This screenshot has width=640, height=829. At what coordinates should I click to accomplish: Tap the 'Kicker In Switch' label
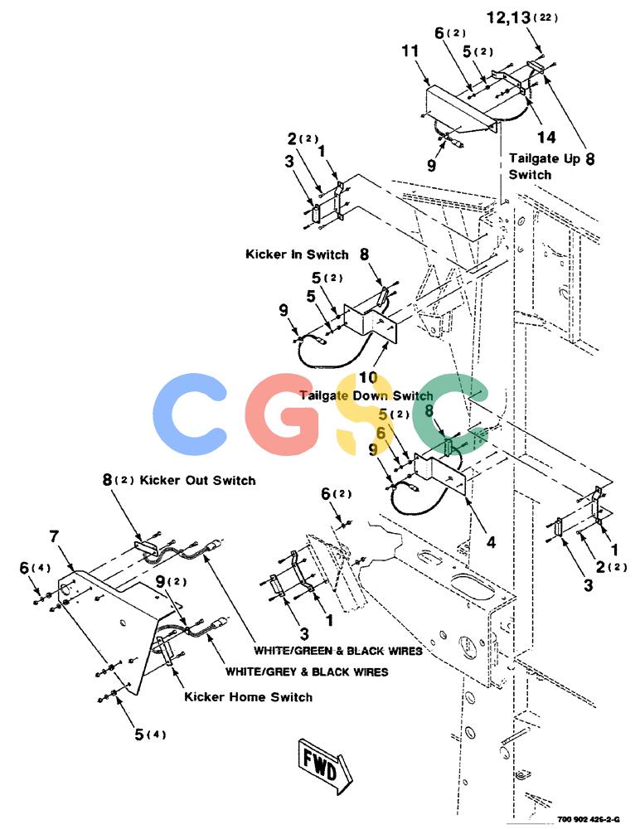pyautogui.click(x=297, y=255)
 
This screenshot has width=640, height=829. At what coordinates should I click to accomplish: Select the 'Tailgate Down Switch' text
pyautogui.click(x=366, y=395)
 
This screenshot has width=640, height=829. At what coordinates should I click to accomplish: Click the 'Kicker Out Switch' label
pyautogui.click(x=197, y=481)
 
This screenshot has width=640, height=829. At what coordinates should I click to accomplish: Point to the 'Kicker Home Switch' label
pyautogui.click(x=248, y=697)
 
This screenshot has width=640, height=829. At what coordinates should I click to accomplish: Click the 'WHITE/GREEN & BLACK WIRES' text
pyautogui.click(x=338, y=650)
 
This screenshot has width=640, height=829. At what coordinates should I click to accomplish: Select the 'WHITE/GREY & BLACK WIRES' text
pyautogui.click(x=307, y=672)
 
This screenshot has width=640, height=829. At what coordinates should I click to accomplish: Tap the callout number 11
pyautogui.click(x=410, y=51)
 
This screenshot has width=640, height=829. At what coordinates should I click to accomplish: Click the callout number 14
pyautogui.click(x=546, y=138)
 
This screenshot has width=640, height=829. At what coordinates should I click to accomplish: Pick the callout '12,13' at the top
pyautogui.click(x=508, y=17)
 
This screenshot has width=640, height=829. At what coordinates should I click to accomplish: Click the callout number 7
pyautogui.click(x=54, y=536)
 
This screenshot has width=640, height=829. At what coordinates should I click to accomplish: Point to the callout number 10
pyautogui.click(x=368, y=377)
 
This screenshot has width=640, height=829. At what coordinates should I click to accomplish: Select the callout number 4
pyautogui.click(x=491, y=542)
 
